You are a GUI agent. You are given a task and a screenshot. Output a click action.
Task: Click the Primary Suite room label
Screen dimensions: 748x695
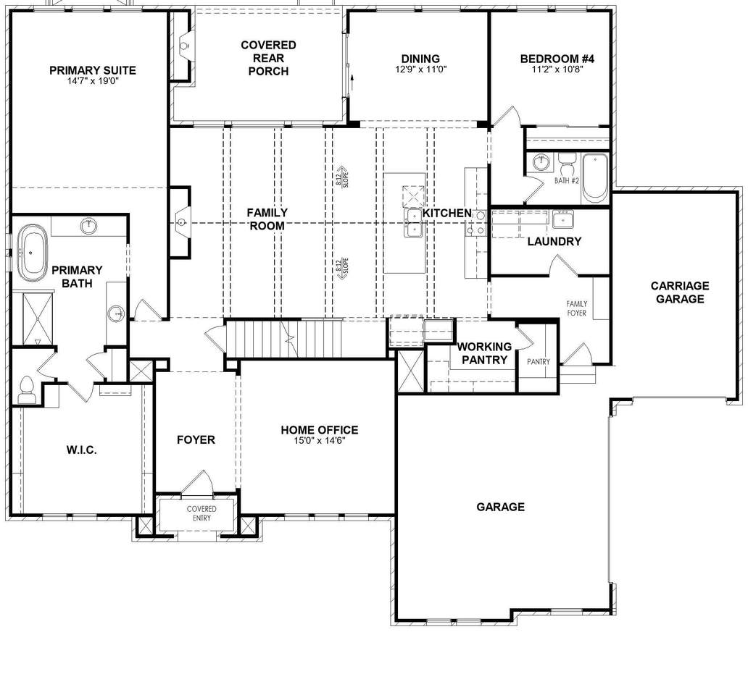(x=93, y=70)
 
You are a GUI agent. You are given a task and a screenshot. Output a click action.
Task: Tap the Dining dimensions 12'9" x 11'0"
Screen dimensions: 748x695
(x=420, y=69)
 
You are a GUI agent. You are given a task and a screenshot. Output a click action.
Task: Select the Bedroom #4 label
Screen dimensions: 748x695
(x=557, y=59)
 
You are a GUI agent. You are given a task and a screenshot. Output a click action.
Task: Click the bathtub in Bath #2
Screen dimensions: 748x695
(x=595, y=177)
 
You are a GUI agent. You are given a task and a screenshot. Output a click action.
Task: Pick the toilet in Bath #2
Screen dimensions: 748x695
(x=568, y=164)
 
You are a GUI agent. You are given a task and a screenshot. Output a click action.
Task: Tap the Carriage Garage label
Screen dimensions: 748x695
(x=680, y=292)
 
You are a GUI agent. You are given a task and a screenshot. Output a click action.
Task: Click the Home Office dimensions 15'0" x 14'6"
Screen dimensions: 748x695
(x=320, y=441)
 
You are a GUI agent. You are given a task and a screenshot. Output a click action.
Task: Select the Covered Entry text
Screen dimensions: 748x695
(x=201, y=513)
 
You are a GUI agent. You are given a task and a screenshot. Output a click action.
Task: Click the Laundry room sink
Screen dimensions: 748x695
(x=563, y=219)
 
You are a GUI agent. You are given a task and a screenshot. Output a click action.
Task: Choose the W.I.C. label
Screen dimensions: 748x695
(x=82, y=450)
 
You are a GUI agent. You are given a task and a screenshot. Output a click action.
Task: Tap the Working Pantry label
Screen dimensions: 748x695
(x=484, y=353)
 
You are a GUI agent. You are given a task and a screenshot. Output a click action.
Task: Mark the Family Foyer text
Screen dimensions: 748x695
(x=577, y=308)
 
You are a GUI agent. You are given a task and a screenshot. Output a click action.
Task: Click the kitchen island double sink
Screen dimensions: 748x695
(x=413, y=223)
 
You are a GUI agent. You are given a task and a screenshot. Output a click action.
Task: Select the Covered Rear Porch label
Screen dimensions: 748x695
(x=269, y=58)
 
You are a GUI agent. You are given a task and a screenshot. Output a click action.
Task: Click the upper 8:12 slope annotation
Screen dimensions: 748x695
(x=342, y=177)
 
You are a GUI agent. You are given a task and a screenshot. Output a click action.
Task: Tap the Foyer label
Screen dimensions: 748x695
(x=196, y=439)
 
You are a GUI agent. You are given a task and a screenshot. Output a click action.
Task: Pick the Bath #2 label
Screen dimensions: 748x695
(x=567, y=181)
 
